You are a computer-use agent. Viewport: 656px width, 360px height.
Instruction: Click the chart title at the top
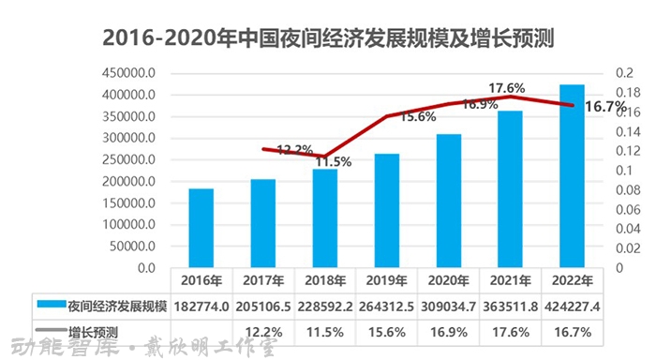coord(328,39)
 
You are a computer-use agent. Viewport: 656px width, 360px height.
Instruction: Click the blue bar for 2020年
coord(448,201)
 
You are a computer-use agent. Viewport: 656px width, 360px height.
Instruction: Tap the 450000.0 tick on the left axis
coord(129,73)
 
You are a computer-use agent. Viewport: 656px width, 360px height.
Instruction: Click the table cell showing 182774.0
coord(201,305)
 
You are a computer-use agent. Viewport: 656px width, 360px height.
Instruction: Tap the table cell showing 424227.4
coord(571,305)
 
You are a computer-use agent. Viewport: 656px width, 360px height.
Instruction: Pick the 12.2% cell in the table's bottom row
coord(262,330)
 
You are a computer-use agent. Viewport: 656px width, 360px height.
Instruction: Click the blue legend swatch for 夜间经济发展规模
coord(51,305)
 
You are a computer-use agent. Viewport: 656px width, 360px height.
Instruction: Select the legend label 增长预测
coord(94,330)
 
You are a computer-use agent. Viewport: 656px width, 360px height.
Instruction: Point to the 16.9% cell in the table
coord(448,330)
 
